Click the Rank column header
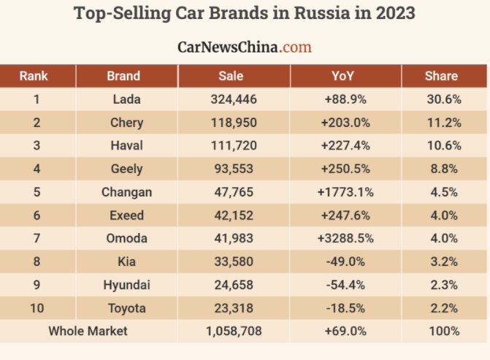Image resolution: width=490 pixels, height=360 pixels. tap(34, 76)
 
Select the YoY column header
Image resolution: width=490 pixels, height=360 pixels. tap(345, 76)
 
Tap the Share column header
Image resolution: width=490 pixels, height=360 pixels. tap(441, 76)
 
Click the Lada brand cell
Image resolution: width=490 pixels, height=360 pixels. tap(126, 99)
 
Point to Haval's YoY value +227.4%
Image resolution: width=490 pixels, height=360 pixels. tap(345, 146)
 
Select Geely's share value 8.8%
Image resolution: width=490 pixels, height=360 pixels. tap(443, 169)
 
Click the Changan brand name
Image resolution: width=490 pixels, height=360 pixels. tap(126, 193)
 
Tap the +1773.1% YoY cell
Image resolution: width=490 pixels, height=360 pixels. tap(345, 193)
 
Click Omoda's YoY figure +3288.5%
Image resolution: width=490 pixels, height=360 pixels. tap(345, 239)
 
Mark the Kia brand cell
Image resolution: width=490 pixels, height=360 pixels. tap(126, 261)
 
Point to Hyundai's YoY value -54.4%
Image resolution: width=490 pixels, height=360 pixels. tap(345, 285)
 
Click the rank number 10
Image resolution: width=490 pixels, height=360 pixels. tap(37, 308)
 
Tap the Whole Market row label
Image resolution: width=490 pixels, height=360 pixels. tap(88, 332)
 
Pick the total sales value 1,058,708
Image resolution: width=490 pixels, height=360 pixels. tap(234, 332)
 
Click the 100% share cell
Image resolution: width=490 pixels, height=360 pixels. tap(444, 332)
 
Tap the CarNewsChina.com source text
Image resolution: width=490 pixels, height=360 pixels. tap(244, 47)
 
